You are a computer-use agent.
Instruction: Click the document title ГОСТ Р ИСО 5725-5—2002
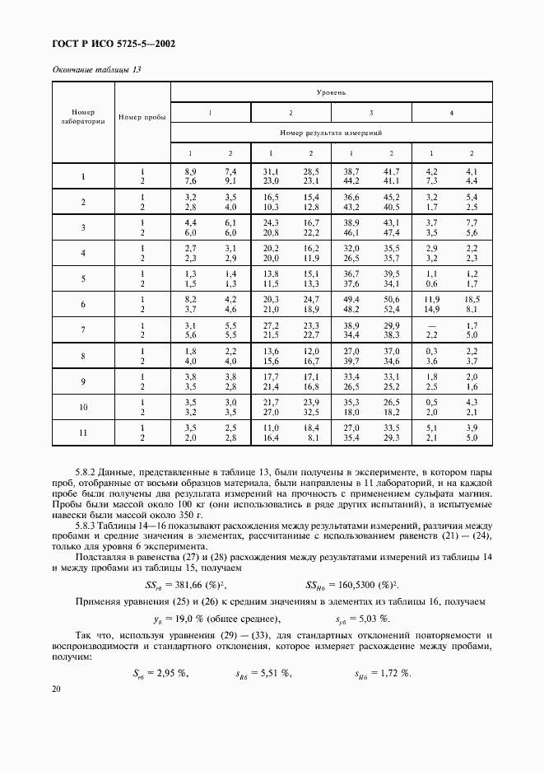pyautogui.click(x=114, y=44)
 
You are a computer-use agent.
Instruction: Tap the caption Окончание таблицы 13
pyautogui.click(x=96, y=70)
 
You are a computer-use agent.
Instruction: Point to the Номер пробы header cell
pyautogui.click(x=142, y=116)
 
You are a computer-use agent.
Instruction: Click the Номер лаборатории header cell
pyautogui.click(x=83, y=116)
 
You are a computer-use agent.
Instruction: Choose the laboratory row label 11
pyautogui.click(x=83, y=432)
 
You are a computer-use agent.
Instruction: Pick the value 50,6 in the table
pyautogui.click(x=391, y=299)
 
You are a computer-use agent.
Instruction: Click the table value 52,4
pyautogui.click(x=391, y=309)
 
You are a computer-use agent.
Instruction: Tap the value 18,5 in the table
pyautogui.click(x=471, y=299)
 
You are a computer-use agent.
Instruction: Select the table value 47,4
pyautogui.click(x=391, y=234)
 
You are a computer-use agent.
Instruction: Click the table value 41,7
pyautogui.click(x=391, y=171)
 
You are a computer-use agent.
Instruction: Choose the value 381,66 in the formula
pyautogui.click(x=192, y=585)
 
